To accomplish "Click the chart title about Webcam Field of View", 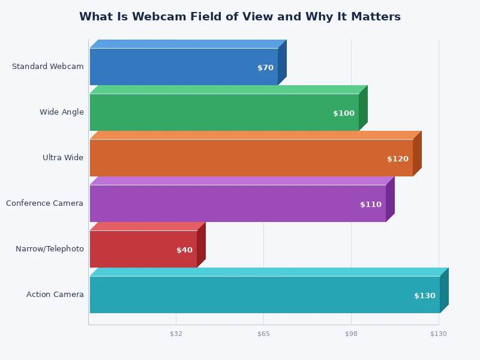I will pos(240,17).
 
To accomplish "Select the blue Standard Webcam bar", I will pos(180,67).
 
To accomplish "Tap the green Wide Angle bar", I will pos(222,112).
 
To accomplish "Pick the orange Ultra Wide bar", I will pos(246,158).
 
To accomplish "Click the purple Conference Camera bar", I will pos(234,203).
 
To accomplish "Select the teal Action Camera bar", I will pos(258,295).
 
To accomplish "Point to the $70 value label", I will pos(265,68).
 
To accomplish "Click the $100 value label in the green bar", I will pos(344,113).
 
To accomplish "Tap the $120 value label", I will pos(398,159).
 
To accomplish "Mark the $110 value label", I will pos(371,205).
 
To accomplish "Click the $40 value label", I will pos(184,250).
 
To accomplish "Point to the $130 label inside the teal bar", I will pos(425,296).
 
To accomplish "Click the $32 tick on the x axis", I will pos(176,334).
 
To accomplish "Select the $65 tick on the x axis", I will pos(263,334).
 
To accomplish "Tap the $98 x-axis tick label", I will pos(351,334).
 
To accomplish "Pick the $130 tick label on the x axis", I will pos(439,334).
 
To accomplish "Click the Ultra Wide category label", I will pos(63,158).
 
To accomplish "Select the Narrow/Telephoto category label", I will pos(50,249).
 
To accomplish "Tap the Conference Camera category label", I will pos(45,203).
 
